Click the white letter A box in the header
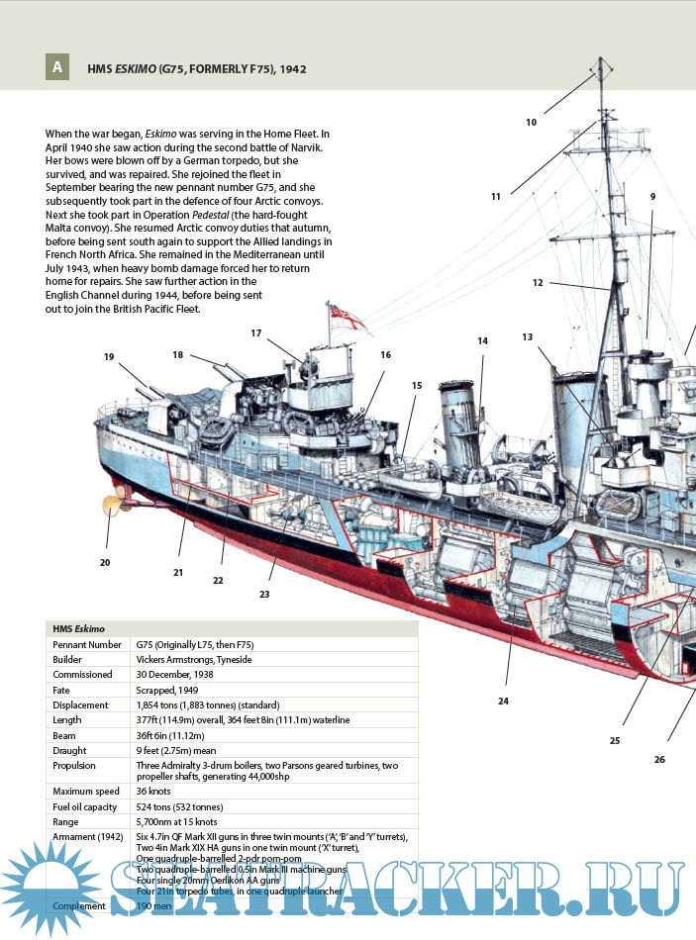coord(57,68)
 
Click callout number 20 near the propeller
coord(105,562)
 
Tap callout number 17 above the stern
coord(255,333)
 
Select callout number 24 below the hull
coord(503,701)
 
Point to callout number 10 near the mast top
coord(531,123)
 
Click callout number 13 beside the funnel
coord(528,337)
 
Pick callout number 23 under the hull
coord(264,594)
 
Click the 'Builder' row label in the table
coord(67,659)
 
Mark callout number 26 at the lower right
coord(659,759)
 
